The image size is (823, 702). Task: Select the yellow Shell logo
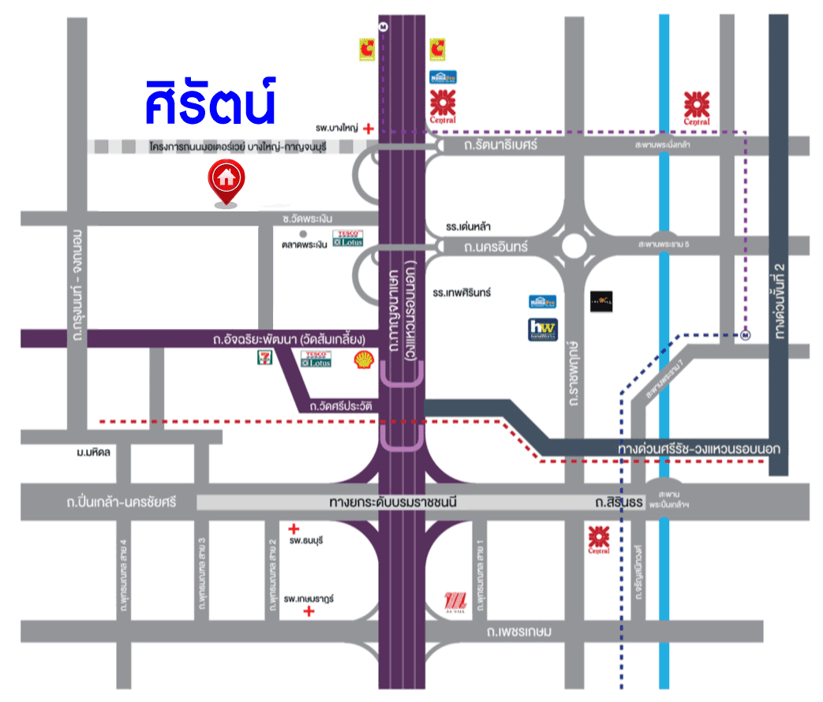[364, 360]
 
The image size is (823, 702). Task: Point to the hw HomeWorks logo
[543, 329]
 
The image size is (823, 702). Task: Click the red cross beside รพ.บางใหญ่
[368, 126]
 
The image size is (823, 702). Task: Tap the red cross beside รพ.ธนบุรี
[294, 528]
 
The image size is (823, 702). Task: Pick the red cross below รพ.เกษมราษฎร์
[309, 611]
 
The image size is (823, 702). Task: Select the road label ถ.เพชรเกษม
[518, 632]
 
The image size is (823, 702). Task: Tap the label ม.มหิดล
[93, 453]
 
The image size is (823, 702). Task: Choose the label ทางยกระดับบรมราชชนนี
[394, 502]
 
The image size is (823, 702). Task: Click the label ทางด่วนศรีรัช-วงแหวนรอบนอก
[699, 449]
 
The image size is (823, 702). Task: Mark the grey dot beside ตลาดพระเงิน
[292, 233]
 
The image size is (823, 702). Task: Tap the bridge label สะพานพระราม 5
[664, 245]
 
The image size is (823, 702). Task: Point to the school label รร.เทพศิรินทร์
[462, 292]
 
